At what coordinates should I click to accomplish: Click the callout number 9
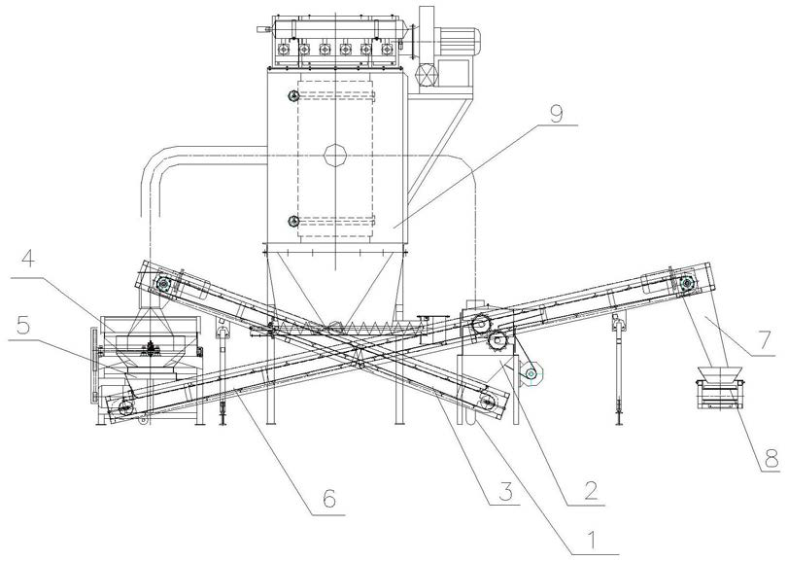[555, 113]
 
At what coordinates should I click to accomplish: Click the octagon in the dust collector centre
[335, 156]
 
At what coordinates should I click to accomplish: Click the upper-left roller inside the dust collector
[292, 96]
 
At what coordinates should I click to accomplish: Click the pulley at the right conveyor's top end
[687, 284]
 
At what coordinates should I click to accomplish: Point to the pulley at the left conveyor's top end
[164, 285]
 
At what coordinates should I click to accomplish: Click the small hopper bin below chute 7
[720, 387]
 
